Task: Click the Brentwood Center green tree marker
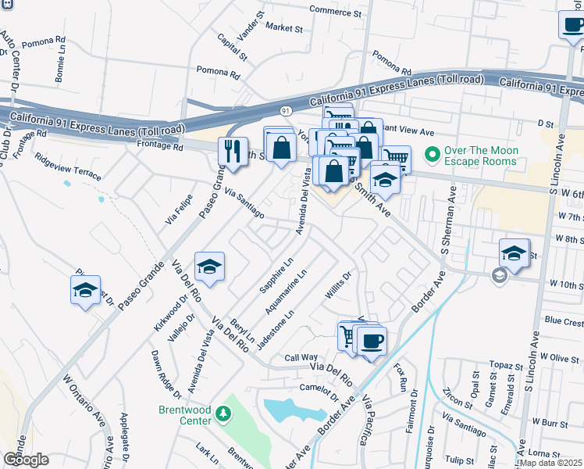click(x=223, y=412)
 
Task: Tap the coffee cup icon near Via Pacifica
click(x=370, y=340)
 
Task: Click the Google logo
click(x=26, y=460)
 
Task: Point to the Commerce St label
click(x=336, y=13)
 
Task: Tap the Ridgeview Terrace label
click(x=68, y=166)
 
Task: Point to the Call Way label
click(x=301, y=356)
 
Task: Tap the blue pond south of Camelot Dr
click(x=294, y=410)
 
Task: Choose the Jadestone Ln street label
click(x=279, y=326)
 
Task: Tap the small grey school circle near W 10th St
click(x=499, y=275)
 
